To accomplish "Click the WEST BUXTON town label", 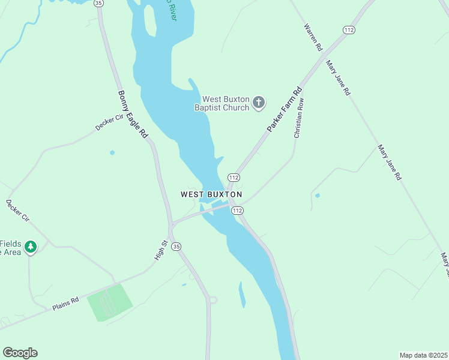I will click(211, 194).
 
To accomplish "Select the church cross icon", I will click(259, 103).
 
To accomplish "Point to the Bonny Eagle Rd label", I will click(133, 115).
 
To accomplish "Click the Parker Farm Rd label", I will click(284, 110).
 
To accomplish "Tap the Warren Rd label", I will click(313, 37).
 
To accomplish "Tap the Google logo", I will click(20, 353).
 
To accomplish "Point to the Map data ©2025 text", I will click(423, 355).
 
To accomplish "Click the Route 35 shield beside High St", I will click(176, 247).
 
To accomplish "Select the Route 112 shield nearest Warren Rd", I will click(349, 29).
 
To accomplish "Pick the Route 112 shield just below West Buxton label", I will click(237, 211).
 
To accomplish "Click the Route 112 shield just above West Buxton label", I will click(234, 178).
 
